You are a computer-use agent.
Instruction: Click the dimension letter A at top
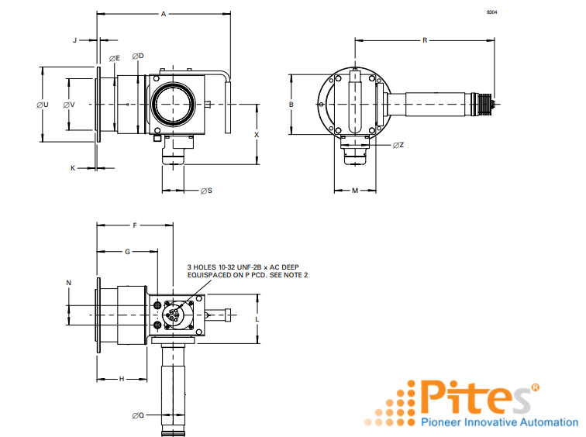point(163,14)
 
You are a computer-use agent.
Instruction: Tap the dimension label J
point(75,39)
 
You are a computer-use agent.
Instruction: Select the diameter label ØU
point(43,105)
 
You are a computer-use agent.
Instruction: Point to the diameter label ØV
point(69,105)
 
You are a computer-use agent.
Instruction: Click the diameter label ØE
point(114,58)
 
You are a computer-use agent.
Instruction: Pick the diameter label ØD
point(138,56)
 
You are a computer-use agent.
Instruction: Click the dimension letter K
point(74,167)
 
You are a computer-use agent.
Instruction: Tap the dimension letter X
point(257,133)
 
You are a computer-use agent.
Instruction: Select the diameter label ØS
point(206,190)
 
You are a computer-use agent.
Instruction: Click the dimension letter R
point(425,40)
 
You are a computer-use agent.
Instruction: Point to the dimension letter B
point(291,104)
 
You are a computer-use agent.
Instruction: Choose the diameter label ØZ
point(398,145)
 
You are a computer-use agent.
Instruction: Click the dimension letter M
point(354,190)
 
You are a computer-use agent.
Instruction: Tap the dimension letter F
point(134,225)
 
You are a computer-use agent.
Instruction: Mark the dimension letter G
point(126,252)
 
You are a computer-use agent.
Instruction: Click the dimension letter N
point(68,283)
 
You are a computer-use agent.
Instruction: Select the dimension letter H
point(122,379)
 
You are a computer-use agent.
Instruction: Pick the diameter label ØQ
point(138,415)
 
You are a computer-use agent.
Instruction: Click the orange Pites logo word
point(473,397)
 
